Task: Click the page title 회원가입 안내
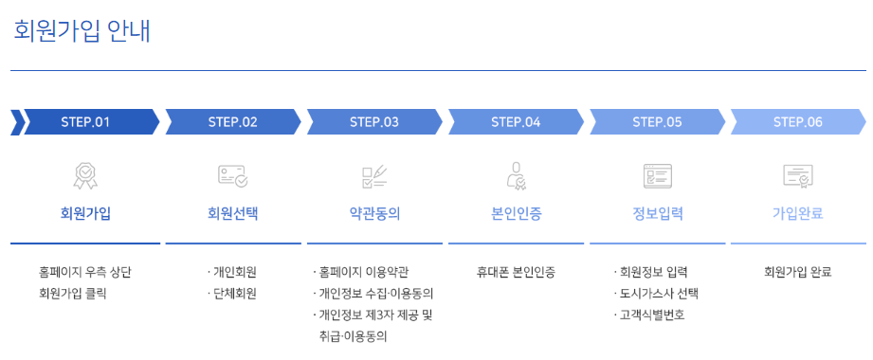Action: point(82,31)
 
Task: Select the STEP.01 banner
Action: point(86,122)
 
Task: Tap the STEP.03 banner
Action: point(374,122)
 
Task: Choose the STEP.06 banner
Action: point(798,122)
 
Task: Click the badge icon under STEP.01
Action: point(85,175)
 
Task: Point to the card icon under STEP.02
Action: point(232,175)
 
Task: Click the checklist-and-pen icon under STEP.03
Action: point(374,175)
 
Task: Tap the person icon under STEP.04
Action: point(516,175)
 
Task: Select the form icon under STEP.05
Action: point(657,175)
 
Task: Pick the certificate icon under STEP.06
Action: point(797,175)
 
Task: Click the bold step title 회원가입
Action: point(85,213)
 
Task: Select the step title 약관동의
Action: point(374,213)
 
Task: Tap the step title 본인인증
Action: point(516,213)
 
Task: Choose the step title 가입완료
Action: point(797,213)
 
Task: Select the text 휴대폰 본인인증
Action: point(516,273)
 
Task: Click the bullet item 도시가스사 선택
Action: point(657,294)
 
